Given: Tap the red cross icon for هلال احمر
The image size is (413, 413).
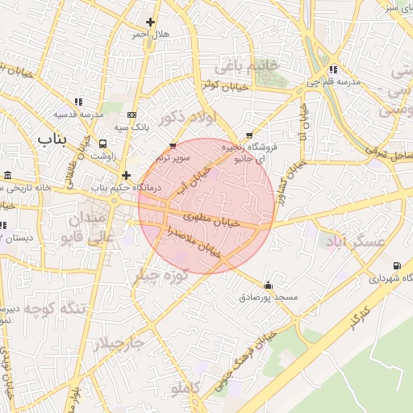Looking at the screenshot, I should pos(149,22).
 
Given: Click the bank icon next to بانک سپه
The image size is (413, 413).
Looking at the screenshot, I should pos(131,115).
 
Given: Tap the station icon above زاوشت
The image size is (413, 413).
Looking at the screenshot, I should pos(102,143).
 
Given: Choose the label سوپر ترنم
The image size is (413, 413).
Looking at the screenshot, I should pos(174,158).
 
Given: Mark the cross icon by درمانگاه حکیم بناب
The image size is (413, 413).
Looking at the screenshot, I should pos(125,174).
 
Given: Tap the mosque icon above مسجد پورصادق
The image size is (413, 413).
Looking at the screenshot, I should pos(268,285).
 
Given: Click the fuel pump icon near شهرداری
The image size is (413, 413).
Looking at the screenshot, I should pos(395,265).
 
